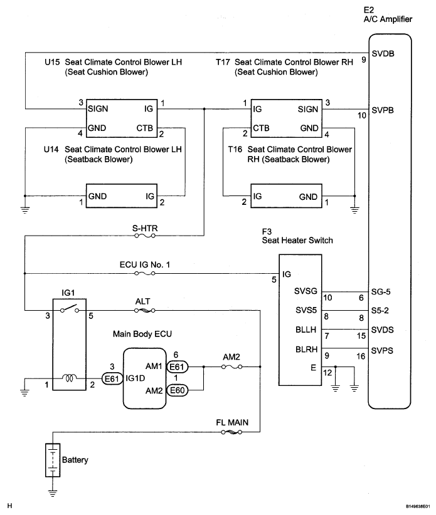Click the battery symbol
[53, 460]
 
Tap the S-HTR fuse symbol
[145, 236]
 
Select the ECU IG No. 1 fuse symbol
[145, 273]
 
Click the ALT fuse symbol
[145, 310]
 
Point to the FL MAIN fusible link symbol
[231, 432]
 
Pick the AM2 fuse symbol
[232, 367]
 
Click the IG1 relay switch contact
[70, 310]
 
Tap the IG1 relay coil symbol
[70, 378]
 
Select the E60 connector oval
[178, 390]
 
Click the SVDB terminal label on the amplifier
[383, 53]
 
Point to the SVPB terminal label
[383, 110]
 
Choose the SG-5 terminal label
[381, 292]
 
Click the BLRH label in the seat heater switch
[306, 349]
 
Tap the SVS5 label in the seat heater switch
[306, 310]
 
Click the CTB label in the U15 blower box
[145, 128]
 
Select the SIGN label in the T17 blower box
[308, 109]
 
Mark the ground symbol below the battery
[53, 492]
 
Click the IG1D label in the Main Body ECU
[135, 378]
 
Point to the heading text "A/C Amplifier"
[388, 19]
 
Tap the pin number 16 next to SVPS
[361, 356]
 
